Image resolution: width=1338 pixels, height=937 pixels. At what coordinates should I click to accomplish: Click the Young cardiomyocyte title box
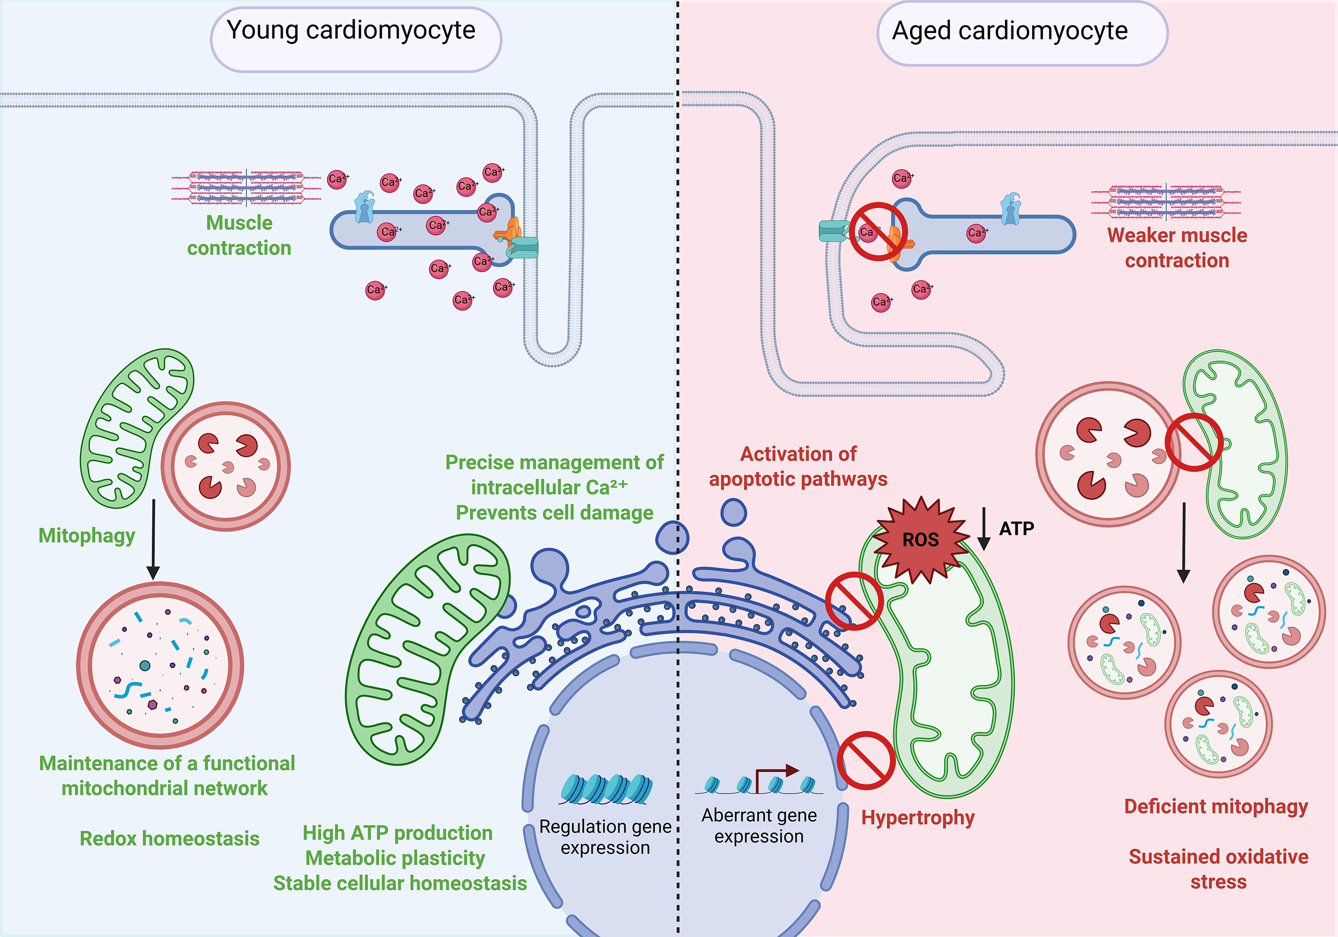coord(356,39)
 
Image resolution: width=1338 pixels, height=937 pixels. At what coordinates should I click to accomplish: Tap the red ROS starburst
coord(920,539)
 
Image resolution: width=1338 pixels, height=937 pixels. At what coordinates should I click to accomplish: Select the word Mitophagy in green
coord(87,535)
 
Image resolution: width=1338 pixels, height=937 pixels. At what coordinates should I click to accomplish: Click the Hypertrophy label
coord(918,817)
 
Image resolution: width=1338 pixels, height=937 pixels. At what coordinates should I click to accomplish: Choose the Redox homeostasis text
coord(169,839)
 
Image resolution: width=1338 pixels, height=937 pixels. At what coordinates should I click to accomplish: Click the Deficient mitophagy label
coord(1216,806)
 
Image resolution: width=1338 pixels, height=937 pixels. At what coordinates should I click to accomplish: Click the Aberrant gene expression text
coord(759,825)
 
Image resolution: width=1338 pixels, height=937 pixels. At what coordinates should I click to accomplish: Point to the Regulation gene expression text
coord(605,837)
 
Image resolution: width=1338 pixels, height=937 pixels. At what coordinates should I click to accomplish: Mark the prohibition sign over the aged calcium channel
coord(878,232)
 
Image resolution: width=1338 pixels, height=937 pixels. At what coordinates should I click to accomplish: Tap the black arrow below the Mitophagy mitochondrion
coord(153,539)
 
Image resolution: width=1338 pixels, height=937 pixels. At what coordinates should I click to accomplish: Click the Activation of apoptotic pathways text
coord(798,466)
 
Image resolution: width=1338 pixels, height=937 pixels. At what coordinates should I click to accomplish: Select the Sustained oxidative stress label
coord(1218,869)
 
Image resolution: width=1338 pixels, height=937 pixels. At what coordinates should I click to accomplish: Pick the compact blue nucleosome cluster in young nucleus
coord(606,789)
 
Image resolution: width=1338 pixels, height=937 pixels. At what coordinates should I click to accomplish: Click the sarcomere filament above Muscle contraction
coord(246,187)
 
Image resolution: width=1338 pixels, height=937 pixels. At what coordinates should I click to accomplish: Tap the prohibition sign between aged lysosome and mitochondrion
coord(1193,442)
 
